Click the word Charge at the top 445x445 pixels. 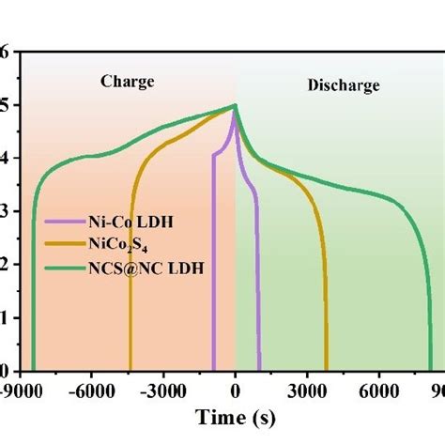pyautogui.click(x=127, y=82)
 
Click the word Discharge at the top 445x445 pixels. pyautogui.click(x=344, y=85)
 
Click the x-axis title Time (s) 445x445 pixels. pyautogui.click(x=235, y=416)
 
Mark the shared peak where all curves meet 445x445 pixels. pyautogui.click(x=235, y=106)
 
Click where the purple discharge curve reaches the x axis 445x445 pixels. pyautogui.click(x=260, y=371)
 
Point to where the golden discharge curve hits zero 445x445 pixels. pyautogui.click(x=326, y=371)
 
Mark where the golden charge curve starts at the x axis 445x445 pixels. pyautogui.click(x=130, y=371)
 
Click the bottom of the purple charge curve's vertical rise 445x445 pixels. pyautogui.click(x=213, y=371)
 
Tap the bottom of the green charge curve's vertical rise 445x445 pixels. pyautogui.click(x=33, y=371)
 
